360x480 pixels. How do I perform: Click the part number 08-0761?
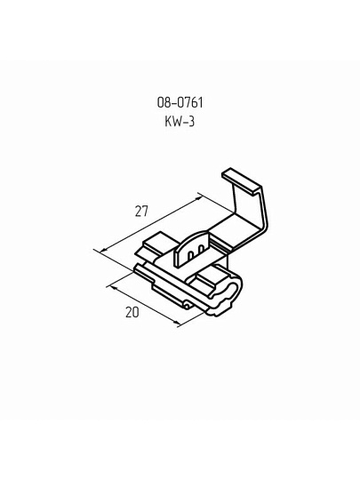(x=180, y=102)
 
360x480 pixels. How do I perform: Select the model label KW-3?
(x=180, y=122)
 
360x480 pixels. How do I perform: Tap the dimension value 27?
(x=141, y=212)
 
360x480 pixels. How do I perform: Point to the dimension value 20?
(x=132, y=312)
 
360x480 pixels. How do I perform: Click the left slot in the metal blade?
(x=190, y=255)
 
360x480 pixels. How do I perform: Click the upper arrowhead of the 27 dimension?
(x=199, y=198)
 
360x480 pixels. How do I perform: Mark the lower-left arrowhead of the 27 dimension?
(x=104, y=249)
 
